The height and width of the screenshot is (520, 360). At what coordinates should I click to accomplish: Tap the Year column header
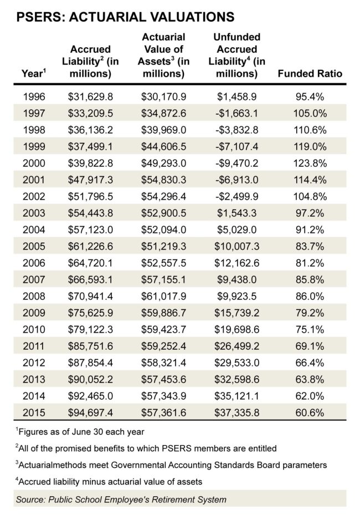[33, 73]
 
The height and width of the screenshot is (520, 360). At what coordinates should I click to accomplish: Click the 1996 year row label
[34, 97]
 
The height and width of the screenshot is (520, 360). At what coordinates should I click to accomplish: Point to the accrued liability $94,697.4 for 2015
[90, 413]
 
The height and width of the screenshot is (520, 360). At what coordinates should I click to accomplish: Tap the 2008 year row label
[34, 297]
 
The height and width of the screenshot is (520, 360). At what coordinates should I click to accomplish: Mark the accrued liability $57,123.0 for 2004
[90, 230]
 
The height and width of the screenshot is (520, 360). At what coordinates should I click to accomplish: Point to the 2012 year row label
[34, 363]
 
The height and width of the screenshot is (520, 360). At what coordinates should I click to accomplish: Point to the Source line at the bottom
[121, 499]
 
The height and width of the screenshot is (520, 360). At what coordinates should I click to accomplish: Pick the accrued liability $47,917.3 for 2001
[90, 180]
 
